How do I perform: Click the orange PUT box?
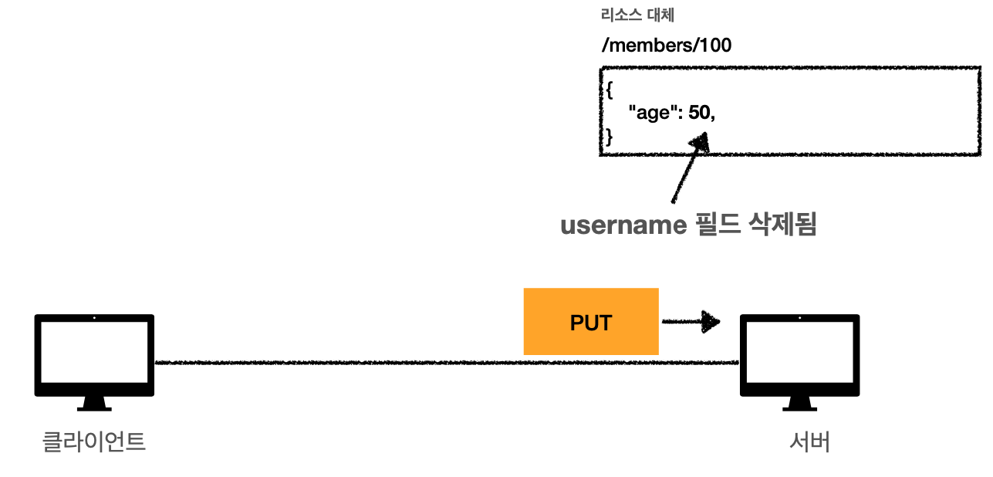591,322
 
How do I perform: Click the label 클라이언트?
93,442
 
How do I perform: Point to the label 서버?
809,442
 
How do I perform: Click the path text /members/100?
666,46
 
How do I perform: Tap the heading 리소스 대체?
637,15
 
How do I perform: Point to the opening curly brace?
608,90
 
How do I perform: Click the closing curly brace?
608,137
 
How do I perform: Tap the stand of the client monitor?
94,403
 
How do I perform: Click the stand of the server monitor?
799,403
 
